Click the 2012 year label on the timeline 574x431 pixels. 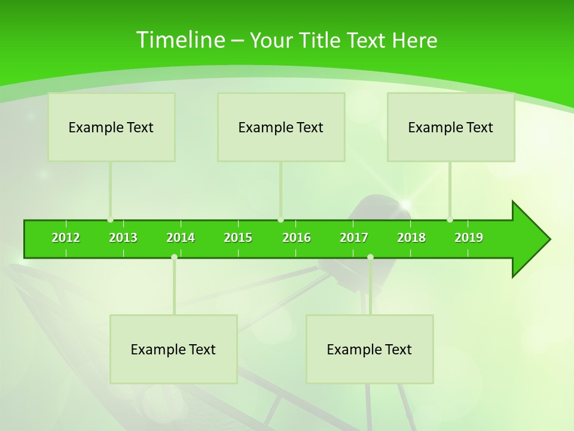pyautogui.click(x=66, y=238)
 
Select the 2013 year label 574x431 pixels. pyautogui.click(x=123, y=238)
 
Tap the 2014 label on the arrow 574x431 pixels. pyautogui.click(x=181, y=238)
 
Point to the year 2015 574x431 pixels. pyautogui.click(x=238, y=238)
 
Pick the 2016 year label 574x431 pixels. pyautogui.click(x=297, y=238)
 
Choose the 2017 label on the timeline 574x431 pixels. pyautogui.click(x=354, y=238)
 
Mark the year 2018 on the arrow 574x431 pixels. pyautogui.click(x=411, y=238)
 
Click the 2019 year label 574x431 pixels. pyautogui.click(x=469, y=238)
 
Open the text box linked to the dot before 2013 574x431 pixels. pyautogui.click(x=111, y=127)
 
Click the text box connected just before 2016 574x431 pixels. pyautogui.click(x=281, y=127)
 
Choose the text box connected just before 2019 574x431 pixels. pyautogui.click(x=451, y=127)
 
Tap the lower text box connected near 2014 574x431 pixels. pyautogui.click(x=173, y=349)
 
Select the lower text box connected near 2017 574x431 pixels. pyautogui.click(x=370, y=349)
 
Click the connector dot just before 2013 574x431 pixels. pyautogui.click(x=110, y=220)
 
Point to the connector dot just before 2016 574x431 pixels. pyautogui.click(x=280, y=220)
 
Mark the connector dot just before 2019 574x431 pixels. pyautogui.click(x=450, y=220)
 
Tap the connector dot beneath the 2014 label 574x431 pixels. pyautogui.click(x=174, y=257)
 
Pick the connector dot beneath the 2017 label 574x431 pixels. pyautogui.click(x=370, y=257)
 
